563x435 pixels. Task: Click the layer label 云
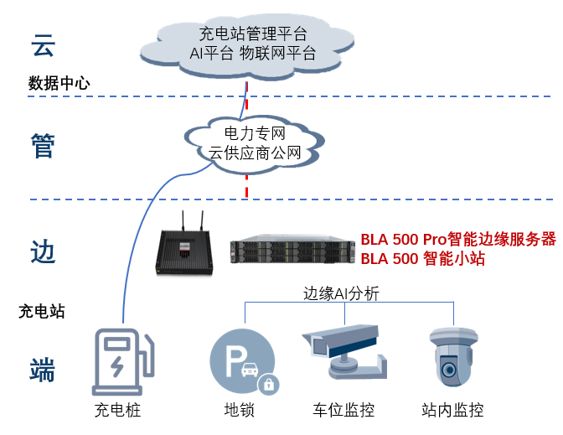(x=43, y=46)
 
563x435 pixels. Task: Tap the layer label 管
(x=43, y=146)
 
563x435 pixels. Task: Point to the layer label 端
(x=43, y=369)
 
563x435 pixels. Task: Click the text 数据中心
(x=59, y=84)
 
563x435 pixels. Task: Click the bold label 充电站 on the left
(x=42, y=312)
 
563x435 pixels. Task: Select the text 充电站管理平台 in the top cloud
(x=252, y=34)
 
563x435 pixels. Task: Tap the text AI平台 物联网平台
(x=252, y=54)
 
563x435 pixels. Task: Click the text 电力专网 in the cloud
(x=255, y=133)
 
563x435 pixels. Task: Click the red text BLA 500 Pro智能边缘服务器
(x=458, y=239)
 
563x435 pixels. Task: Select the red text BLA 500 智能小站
(x=423, y=259)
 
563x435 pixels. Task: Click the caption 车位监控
(x=343, y=411)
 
